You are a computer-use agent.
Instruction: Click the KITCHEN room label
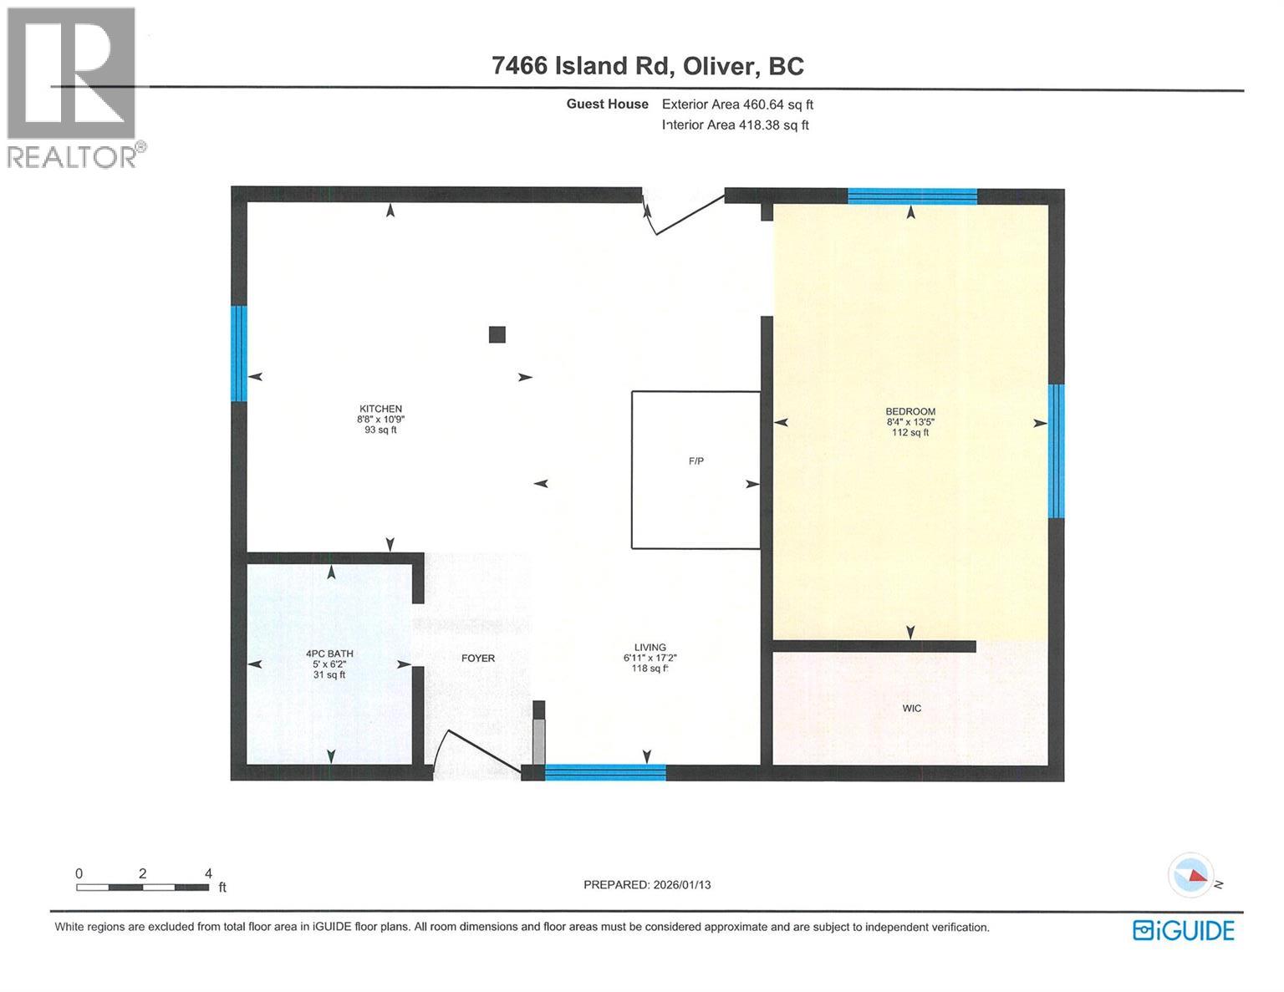point(380,409)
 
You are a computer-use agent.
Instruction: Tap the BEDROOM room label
point(910,411)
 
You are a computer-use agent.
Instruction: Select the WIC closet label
point(911,709)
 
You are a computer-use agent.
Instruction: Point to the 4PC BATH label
point(329,654)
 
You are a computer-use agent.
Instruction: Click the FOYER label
point(478,659)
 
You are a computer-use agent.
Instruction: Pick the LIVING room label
point(650,648)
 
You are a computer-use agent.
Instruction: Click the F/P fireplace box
point(695,470)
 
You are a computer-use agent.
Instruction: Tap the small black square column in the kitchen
point(497,334)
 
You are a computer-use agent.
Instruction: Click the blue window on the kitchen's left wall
point(239,354)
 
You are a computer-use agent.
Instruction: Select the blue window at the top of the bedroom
point(912,197)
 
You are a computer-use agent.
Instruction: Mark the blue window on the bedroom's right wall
point(1057,451)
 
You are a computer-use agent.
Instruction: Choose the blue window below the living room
point(605,773)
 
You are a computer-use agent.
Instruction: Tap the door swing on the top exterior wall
point(681,214)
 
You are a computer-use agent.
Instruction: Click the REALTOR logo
point(72,87)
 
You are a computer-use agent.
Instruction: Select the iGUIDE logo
point(1183,930)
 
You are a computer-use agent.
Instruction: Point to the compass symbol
point(1190,875)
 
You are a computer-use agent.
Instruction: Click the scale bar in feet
point(143,887)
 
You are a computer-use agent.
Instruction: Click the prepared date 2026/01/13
point(646,884)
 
